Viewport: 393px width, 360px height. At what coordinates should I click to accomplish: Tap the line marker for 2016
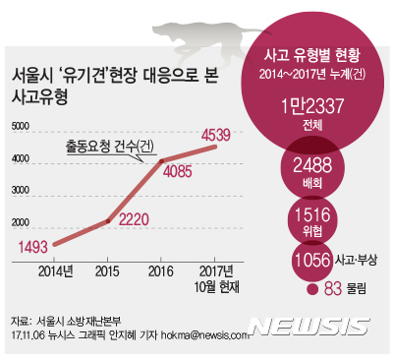coord(161,160)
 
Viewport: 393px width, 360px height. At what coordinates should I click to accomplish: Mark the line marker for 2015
coord(107,221)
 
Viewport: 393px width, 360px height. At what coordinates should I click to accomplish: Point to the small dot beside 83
coord(311,289)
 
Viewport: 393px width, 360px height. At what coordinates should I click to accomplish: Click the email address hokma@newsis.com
coord(206,334)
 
